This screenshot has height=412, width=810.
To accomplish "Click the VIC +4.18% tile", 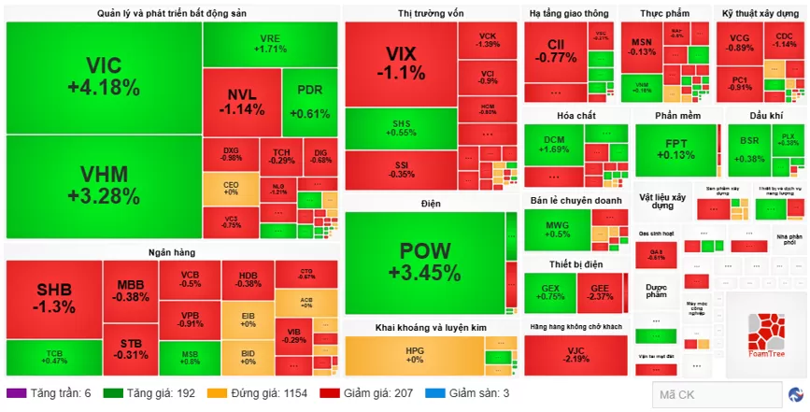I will [103, 77].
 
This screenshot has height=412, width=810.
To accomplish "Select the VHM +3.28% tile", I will [103, 185].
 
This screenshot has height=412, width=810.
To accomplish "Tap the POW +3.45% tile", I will [424, 262].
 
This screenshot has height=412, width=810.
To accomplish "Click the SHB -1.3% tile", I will [53, 297].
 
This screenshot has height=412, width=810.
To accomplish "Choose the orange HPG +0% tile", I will [414, 355].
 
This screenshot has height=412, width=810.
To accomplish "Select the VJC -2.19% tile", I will [576, 355].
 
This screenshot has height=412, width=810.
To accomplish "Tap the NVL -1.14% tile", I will [241, 101].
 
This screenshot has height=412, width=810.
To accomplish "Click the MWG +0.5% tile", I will [557, 229].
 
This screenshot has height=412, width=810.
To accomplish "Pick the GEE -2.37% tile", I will [600, 291].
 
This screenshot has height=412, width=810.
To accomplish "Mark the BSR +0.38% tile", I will [749, 149].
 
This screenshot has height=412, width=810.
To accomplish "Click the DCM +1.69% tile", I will [555, 145].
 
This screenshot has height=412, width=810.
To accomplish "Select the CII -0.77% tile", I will [556, 50].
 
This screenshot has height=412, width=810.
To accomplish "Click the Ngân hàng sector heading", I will [171, 252].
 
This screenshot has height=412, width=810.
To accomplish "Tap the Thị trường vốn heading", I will [430, 14].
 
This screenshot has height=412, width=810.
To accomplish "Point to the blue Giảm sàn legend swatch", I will [433, 394].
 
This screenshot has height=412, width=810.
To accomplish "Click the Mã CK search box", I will [715, 394].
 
